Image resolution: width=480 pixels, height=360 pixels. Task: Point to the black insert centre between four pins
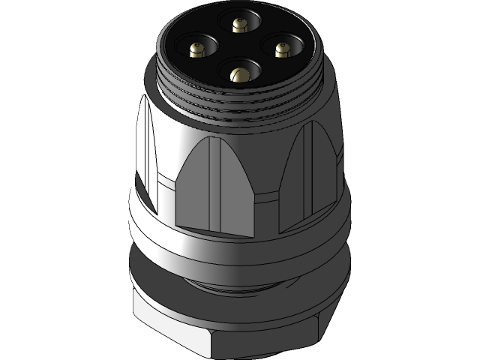[x=239, y=49]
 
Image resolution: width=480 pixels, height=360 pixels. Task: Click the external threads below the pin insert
[x=240, y=105]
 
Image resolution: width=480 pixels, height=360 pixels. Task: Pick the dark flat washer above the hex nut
[x=240, y=300]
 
